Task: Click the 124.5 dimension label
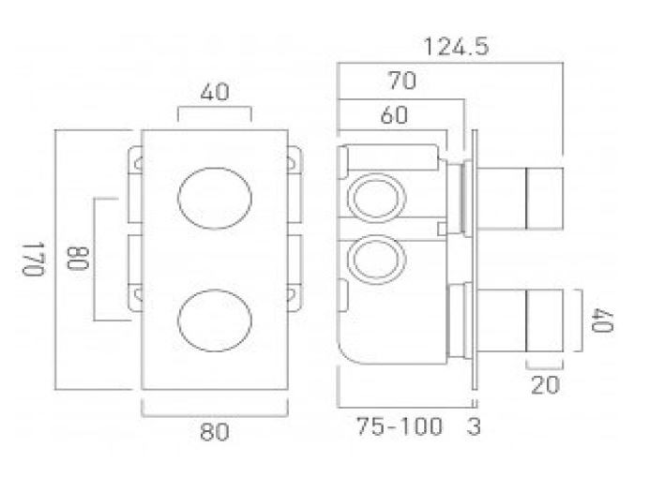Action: (456, 46)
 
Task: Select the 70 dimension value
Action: (402, 81)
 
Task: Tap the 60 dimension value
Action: (394, 114)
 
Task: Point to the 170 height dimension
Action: (33, 260)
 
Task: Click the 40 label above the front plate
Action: (214, 92)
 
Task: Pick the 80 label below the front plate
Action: (214, 431)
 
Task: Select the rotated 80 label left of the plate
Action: (78, 258)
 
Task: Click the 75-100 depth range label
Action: (400, 426)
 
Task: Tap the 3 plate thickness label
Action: (474, 426)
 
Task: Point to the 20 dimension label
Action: (545, 385)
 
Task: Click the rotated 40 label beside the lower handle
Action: (602, 320)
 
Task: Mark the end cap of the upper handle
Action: (544, 198)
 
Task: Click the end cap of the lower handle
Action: (544, 320)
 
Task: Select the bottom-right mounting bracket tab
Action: (295, 297)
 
